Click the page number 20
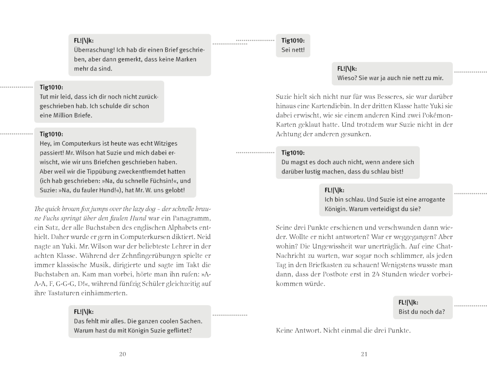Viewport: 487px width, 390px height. point(122,354)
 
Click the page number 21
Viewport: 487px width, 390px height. point(364,354)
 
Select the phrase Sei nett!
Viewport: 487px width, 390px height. point(293,50)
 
